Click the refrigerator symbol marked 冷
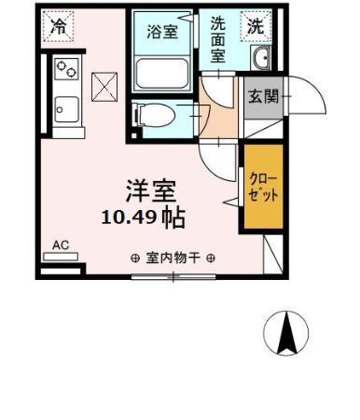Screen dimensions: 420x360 [x=59, y=25]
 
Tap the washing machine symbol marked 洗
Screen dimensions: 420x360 [x=256, y=26]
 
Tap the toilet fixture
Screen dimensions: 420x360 [x=155, y=116]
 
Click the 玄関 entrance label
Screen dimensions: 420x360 [x=261, y=95]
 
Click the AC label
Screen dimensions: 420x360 [x=61, y=245]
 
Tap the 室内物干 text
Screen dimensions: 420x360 [x=173, y=259]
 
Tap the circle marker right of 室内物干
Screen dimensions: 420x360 [x=211, y=259]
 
